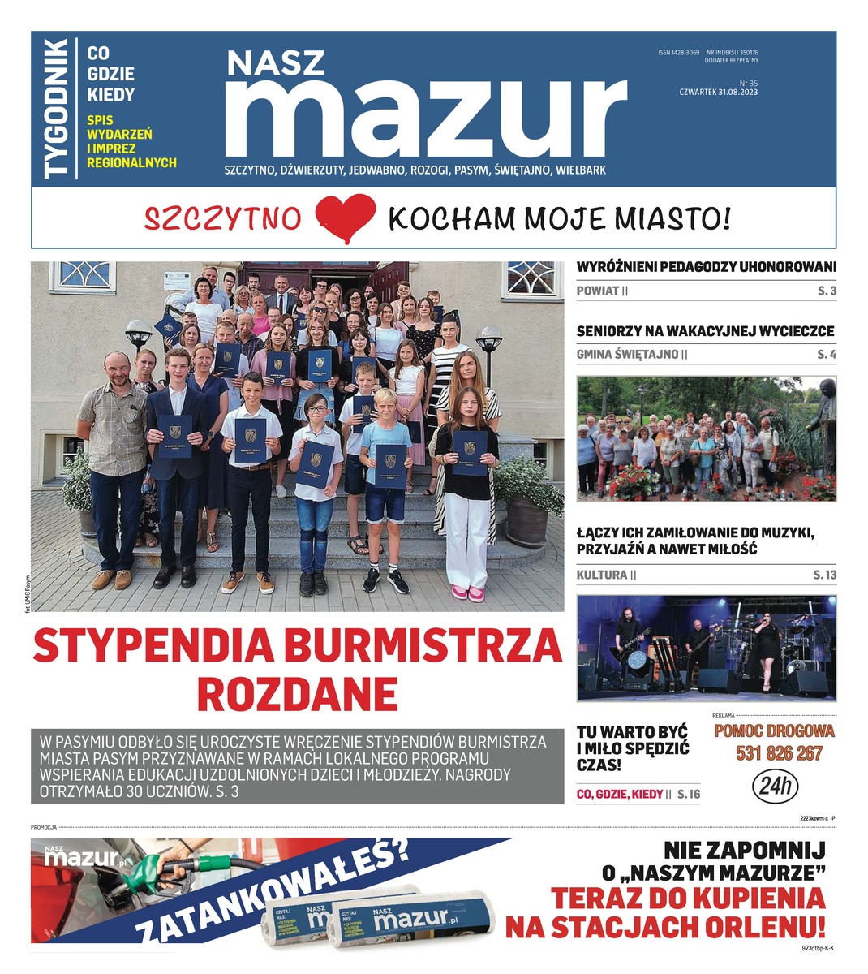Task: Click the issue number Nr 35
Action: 748,83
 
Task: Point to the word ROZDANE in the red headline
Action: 297,694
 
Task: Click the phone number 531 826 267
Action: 779,753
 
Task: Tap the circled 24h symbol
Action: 776,786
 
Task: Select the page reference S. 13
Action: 824,575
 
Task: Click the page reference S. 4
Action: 826,354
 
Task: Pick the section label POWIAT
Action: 598,291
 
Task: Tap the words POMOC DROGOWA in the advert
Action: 774,730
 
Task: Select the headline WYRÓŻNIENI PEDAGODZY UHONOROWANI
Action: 706,266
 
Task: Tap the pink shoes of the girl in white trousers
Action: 469,593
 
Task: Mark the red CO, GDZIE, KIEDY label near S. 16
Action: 620,794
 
